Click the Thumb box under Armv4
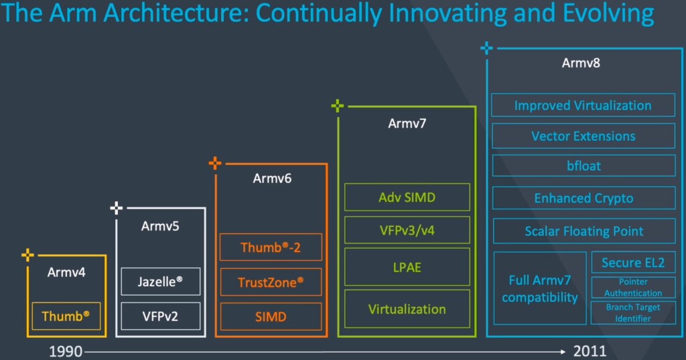[66, 316]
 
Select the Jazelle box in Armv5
[161, 281]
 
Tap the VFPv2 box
[161, 316]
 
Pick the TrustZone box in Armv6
[271, 282]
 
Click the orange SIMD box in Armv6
[271, 316]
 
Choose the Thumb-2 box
[271, 247]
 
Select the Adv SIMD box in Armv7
[407, 197]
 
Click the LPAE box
[407, 267]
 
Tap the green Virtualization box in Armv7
[407, 309]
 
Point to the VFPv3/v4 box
[407, 230]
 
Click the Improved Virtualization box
[584, 105]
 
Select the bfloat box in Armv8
[584, 166]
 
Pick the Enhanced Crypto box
[584, 198]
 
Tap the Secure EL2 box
[633, 262]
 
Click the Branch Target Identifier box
[633, 312]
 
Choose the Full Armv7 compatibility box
[540, 288]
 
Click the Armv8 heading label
[581, 63]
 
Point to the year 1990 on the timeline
[66, 351]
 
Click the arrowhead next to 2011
[563, 351]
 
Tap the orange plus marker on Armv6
[215, 164]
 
